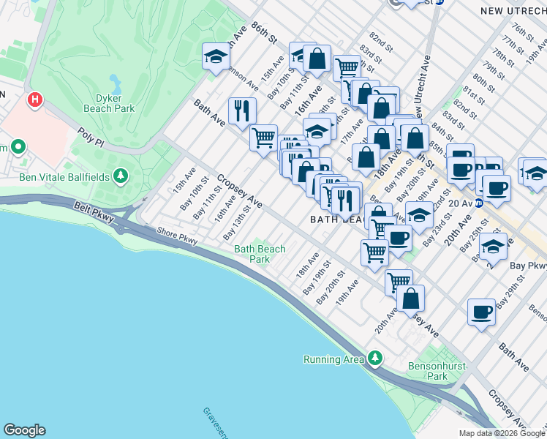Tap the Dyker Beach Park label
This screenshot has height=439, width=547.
115,103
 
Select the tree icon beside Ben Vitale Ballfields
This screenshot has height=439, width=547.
121,176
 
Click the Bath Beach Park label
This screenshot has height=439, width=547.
260,254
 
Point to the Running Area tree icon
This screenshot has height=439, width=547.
375,358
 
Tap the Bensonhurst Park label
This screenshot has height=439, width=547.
437,372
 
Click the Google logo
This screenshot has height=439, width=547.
24,430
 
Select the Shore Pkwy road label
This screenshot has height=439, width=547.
178,238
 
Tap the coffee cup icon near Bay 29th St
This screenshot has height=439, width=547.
480,312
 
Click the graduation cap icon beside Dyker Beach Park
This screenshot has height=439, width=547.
216,56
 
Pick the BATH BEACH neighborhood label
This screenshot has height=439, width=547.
340,219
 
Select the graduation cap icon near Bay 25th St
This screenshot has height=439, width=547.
493,247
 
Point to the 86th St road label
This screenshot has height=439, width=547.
265,31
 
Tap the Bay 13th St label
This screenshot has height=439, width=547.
238,222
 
